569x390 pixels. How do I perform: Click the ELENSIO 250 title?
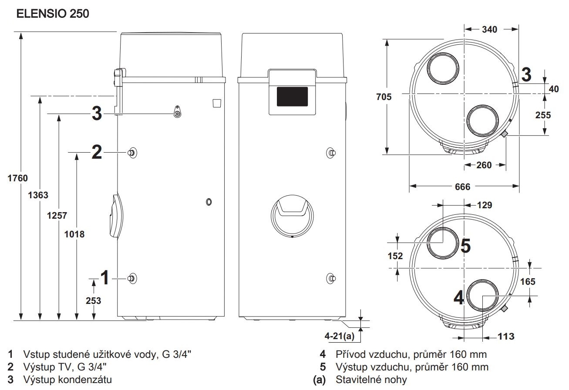coord(53,14)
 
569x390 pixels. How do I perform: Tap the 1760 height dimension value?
coord(17,178)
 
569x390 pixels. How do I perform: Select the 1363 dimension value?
coord(38,195)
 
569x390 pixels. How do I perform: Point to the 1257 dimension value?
coord(57,216)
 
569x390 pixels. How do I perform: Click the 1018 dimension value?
coord(74,234)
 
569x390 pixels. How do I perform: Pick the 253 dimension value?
coord(93,301)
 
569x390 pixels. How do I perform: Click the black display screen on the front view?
coord(292,97)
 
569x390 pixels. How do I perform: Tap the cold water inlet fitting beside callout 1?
coord(132,278)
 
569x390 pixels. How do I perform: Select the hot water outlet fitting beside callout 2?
coord(132,153)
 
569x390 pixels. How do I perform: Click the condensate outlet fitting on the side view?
coord(177,112)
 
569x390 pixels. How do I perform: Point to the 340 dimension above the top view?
coord(489,30)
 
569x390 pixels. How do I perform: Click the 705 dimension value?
coord(384,97)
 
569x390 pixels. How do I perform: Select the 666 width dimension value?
coord(463,187)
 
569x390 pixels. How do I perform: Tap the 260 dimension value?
coord(484,165)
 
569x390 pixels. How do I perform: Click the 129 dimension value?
coord(485,205)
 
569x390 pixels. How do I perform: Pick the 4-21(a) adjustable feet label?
coord(340,336)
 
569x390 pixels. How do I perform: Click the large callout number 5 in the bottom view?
coord(466,246)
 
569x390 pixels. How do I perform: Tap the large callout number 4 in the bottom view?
coord(459,298)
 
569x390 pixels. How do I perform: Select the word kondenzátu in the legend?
coord(85,380)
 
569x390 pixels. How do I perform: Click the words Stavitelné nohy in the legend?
coord(371,380)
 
